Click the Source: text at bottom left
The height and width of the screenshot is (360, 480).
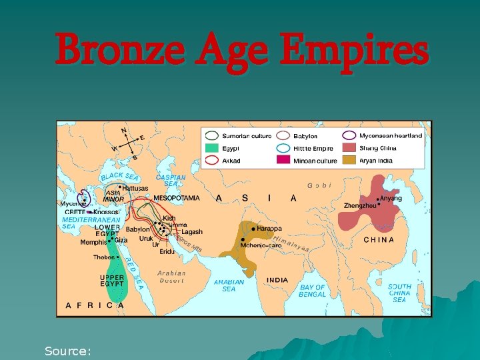pos(67,350)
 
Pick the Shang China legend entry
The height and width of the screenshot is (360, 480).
pos(377,148)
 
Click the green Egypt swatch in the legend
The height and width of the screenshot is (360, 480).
pos(212,148)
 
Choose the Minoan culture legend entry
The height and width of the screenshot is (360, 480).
pos(315,161)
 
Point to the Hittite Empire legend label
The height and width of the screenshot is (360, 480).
pos(313,148)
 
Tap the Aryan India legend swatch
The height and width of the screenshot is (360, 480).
pos(349,161)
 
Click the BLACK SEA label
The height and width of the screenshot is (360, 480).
pos(119,177)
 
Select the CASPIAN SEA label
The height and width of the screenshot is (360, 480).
pos(171,181)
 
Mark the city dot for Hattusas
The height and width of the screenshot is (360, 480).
pos(120,187)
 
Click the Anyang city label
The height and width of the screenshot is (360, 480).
pos(392,198)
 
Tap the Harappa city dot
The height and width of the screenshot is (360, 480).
pos(254,229)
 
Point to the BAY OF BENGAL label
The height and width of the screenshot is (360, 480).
pos(312,291)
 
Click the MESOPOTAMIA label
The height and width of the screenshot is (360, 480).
pos(176,198)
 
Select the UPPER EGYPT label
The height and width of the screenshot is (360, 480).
pos(112,281)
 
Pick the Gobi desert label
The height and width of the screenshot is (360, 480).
pos(319,185)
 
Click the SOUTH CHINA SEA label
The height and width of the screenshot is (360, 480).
pos(399,293)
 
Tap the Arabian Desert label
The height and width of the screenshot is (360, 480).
pos(171,277)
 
